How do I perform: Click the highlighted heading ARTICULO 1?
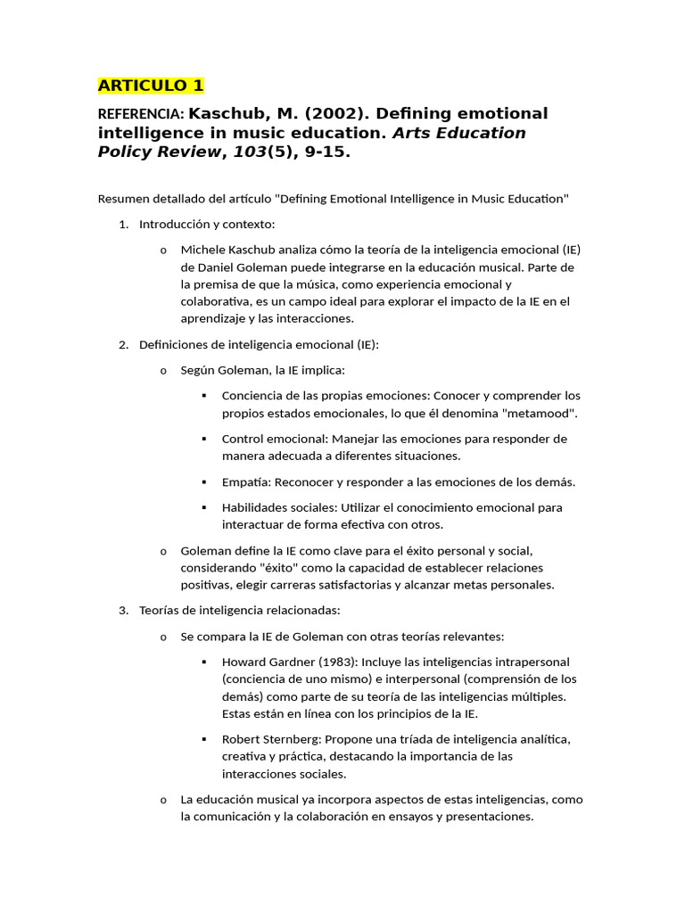coord(151,86)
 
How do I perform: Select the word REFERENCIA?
coord(140,114)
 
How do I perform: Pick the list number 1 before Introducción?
coord(123,224)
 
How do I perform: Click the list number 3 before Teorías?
coord(123,611)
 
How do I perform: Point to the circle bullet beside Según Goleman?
coord(162,370)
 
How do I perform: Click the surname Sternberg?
coord(291,739)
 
